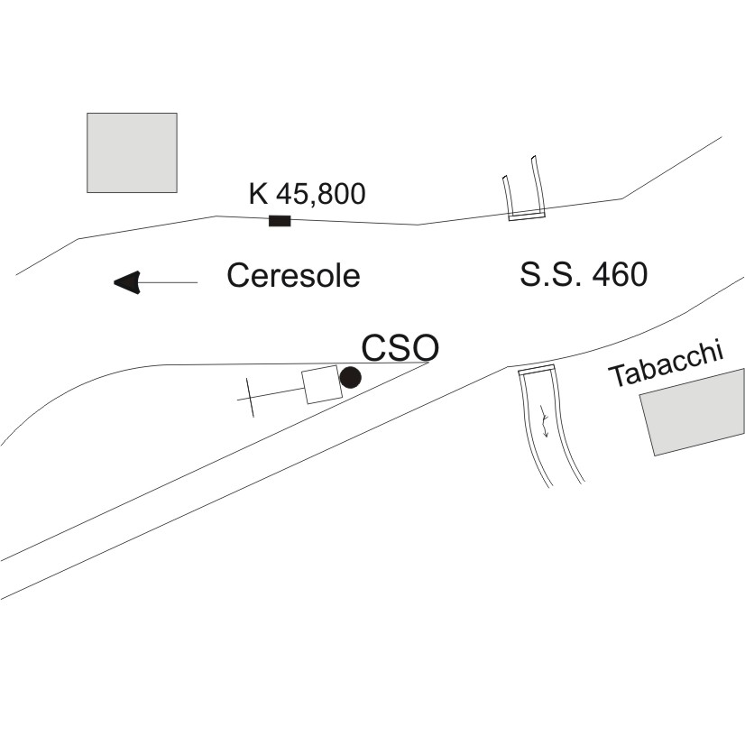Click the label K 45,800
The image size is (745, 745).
click(307, 193)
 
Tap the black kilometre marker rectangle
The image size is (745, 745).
click(280, 221)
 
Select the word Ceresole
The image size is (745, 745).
click(293, 275)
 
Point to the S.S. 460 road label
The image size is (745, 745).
click(584, 274)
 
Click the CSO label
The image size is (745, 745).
click(400, 347)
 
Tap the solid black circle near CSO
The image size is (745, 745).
click(350, 378)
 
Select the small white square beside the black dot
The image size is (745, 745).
click(320, 385)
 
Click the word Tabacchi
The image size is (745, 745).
click(667, 364)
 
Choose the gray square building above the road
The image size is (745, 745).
click(132, 152)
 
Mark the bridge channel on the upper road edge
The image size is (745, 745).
click(525, 191)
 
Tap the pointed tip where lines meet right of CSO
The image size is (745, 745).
click(428, 363)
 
